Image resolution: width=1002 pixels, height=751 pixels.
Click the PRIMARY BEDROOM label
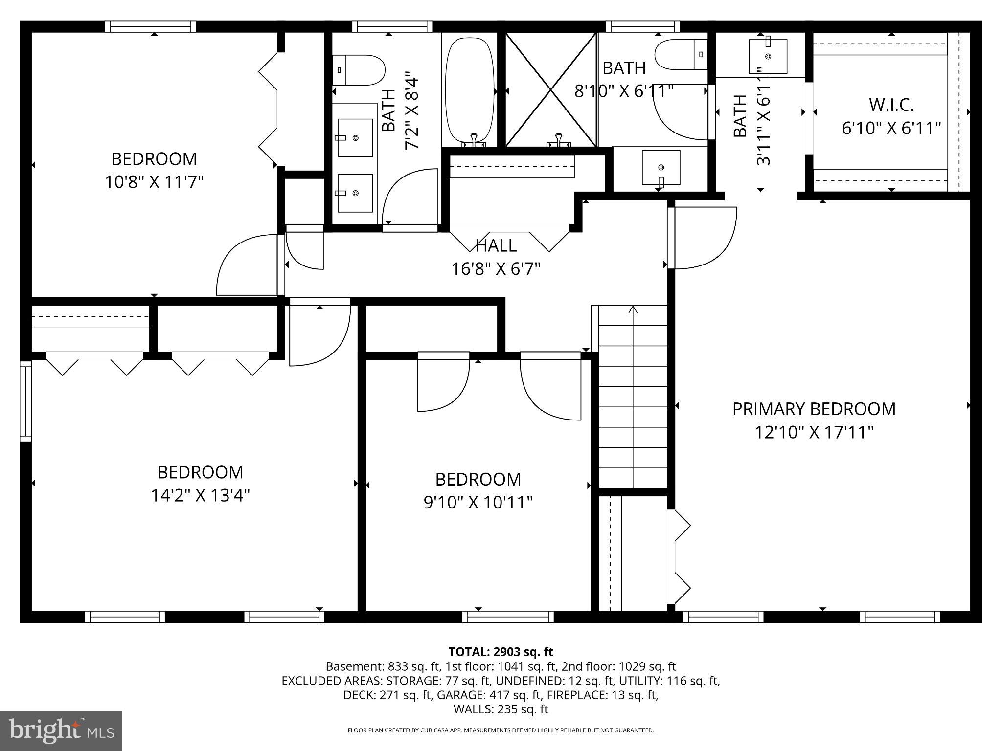pyautogui.click(x=814, y=409)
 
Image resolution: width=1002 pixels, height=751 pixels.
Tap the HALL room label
pyautogui.click(x=496, y=245)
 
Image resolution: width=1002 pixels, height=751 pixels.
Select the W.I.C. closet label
pyautogui.click(x=891, y=105)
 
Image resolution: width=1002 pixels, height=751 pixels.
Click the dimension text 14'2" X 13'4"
pyautogui.click(x=200, y=496)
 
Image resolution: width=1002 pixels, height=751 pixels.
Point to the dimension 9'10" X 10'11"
pyautogui.click(x=478, y=502)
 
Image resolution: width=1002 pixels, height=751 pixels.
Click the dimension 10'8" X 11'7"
pyautogui.click(x=154, y=182)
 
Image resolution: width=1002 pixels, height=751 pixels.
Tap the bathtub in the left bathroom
pyautogui.click(x=469, y=90)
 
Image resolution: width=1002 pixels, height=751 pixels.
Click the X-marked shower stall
pyautogui.click(x=551, y=90)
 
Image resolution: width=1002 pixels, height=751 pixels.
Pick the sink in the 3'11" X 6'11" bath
pyautogui.click(x=768, y=57)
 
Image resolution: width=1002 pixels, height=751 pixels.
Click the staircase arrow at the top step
pyautogui.click(x=633, y=309)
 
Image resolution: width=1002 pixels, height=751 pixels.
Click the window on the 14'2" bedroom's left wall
pyautogui.click(x=25, y=400)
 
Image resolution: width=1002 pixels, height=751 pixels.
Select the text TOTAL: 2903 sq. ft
pyautogui.click(x=501, y=652)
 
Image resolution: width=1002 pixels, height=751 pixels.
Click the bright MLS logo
pyautogui.click(x=61, y=731)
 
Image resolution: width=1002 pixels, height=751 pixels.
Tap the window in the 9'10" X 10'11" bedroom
pyautogui.click(x=508, y=617)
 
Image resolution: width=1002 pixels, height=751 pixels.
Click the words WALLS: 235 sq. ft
pyautogui.click(x=501, y=709)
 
